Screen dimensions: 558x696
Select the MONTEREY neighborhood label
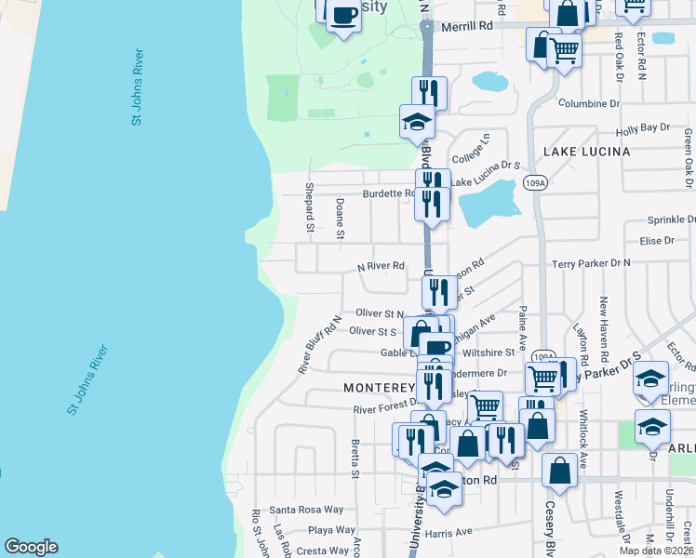tap(378, 387)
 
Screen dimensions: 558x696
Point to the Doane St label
tap(341, 219)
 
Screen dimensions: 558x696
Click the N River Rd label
tap(381, 266)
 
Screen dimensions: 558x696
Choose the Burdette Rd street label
tap(388, 193)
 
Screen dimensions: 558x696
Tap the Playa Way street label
tap(331, 530)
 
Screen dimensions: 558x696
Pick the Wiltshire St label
tap(489, 352)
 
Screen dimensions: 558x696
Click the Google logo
tap(31, 547)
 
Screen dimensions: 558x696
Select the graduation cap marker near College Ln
tap(417, 122)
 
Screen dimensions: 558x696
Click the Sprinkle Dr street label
tap(671, 220)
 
